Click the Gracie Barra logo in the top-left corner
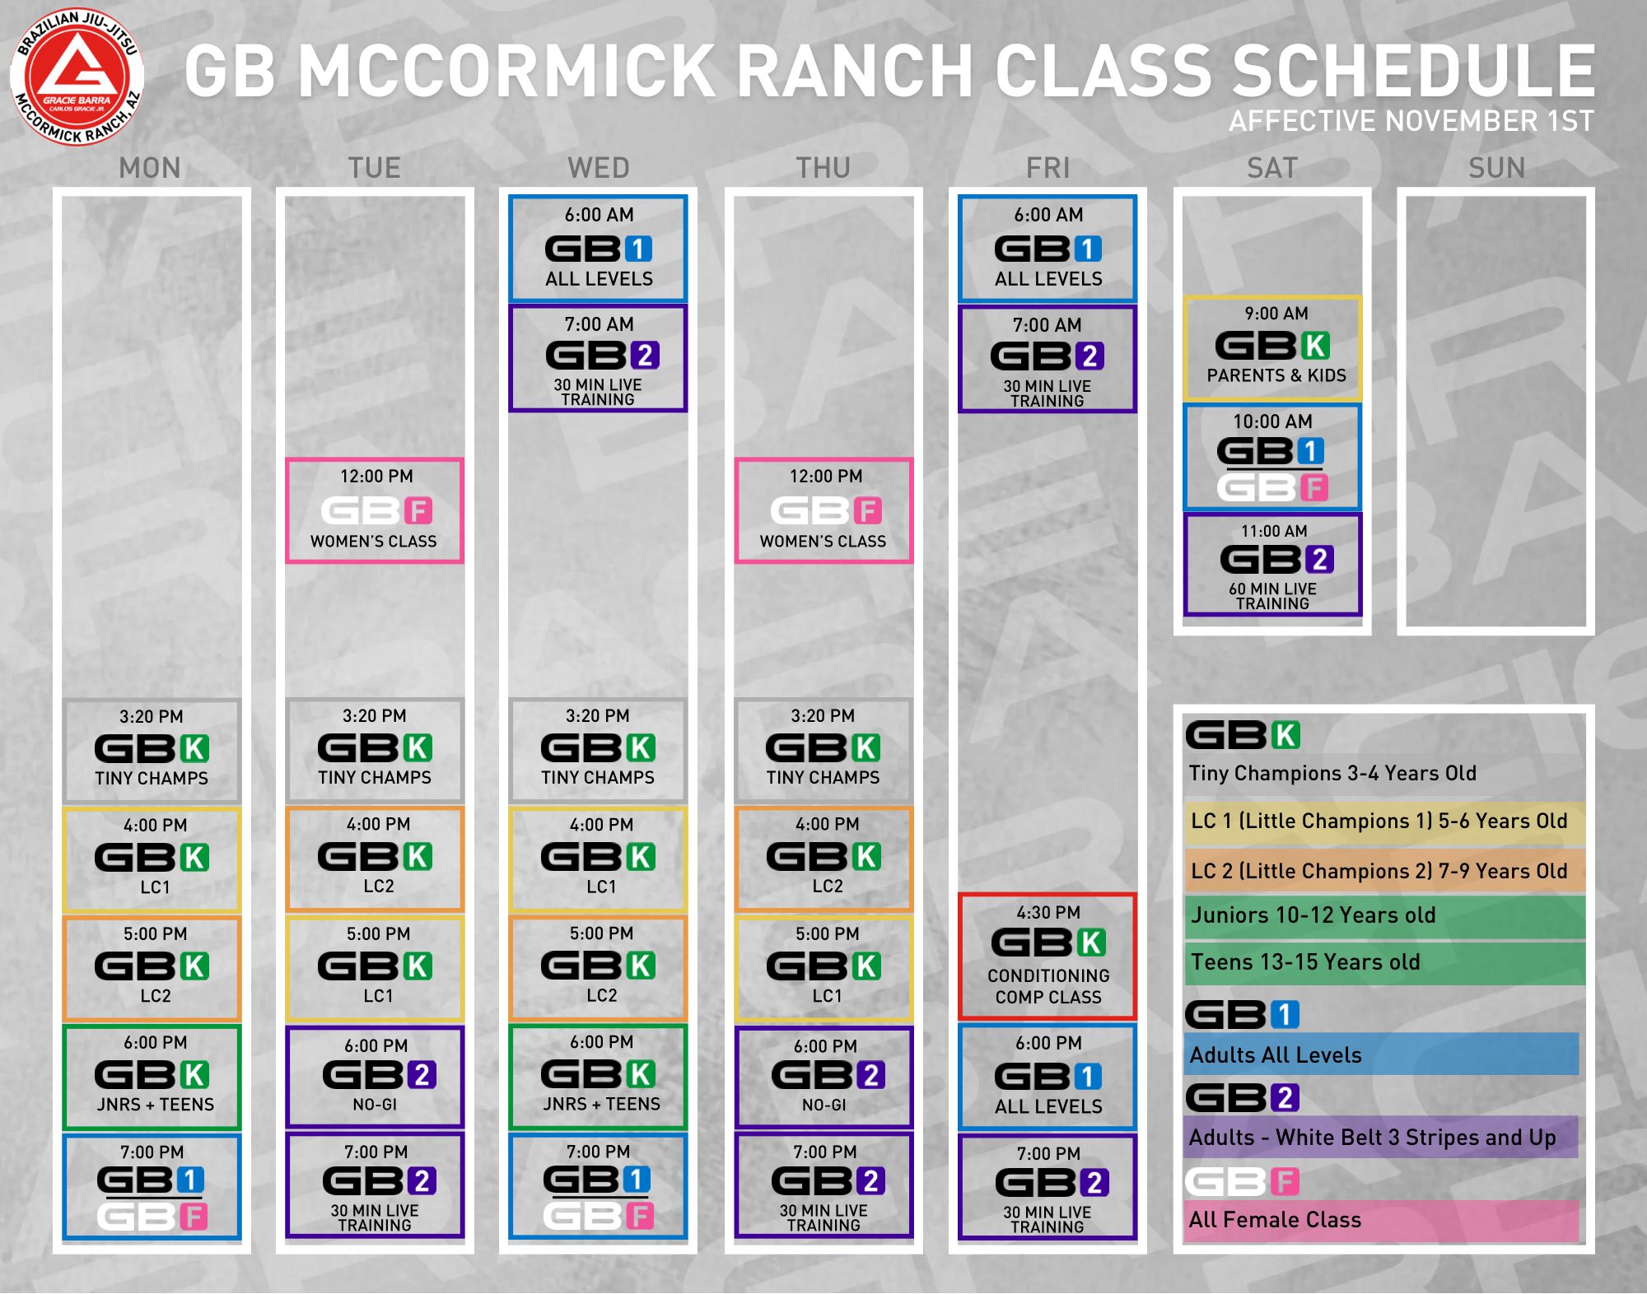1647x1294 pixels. click(77, 77)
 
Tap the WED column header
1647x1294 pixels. click(599, 168)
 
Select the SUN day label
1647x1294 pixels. click(1497, 168)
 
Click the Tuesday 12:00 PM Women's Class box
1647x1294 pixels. click(375, 510)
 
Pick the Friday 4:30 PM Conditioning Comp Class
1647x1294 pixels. click(1047, 957)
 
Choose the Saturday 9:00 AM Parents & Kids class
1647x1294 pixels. click(1273, 348)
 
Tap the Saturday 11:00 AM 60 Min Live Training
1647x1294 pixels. click(1273, 565)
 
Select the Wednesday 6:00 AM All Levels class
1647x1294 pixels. click(598, 249)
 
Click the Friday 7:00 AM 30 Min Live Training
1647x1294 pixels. click(1047, 359)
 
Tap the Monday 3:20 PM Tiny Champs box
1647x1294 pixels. click(152, 751)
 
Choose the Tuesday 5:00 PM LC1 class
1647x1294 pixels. click(375, 968)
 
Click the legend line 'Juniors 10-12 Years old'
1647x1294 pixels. click(1313, 915)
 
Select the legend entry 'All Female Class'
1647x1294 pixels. click(1275, 1220)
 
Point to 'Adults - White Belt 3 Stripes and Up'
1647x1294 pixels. click(1373, 1138)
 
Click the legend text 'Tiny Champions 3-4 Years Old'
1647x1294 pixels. click(1332, 774)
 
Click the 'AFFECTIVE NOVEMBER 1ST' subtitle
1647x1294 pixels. click(1411, 121)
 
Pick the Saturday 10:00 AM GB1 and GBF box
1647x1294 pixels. click(1273, 457)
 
